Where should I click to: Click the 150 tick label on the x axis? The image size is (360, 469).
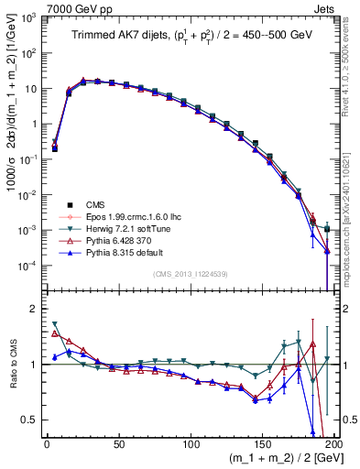tap(262, 443)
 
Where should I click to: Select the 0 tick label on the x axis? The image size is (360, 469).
tap(47, 443)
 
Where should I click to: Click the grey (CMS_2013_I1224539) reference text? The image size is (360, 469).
tap(190, 273)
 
